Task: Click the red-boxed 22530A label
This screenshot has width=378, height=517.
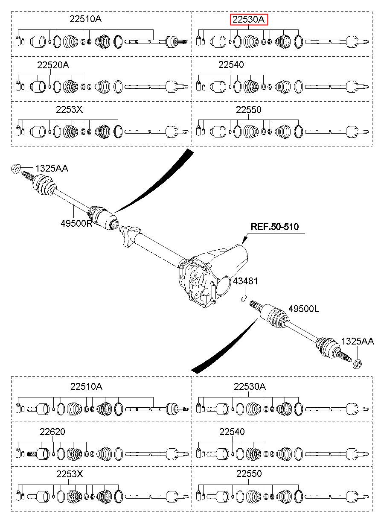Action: click(248, 20)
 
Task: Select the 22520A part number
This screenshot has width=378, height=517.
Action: click(53, 65)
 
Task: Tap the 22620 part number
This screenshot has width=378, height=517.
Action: click(52, 432)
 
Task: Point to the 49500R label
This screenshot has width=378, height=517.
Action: click(76, 223)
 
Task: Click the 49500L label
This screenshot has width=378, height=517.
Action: click(303, 309)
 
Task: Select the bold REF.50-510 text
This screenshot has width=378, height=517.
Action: click(274, 227)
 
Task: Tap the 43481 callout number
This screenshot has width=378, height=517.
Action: click(245, 281)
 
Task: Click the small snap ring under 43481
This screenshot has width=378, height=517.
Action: click(243, 299)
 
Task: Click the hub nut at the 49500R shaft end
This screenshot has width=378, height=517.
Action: click(16, 169)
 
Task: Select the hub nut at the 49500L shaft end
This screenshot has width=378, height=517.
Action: click(358, 364)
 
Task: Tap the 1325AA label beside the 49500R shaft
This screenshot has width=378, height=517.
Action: click(52, 169)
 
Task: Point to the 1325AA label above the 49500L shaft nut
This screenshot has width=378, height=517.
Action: click(358, 341)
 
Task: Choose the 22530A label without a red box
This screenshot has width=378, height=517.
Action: click(250, 387)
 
